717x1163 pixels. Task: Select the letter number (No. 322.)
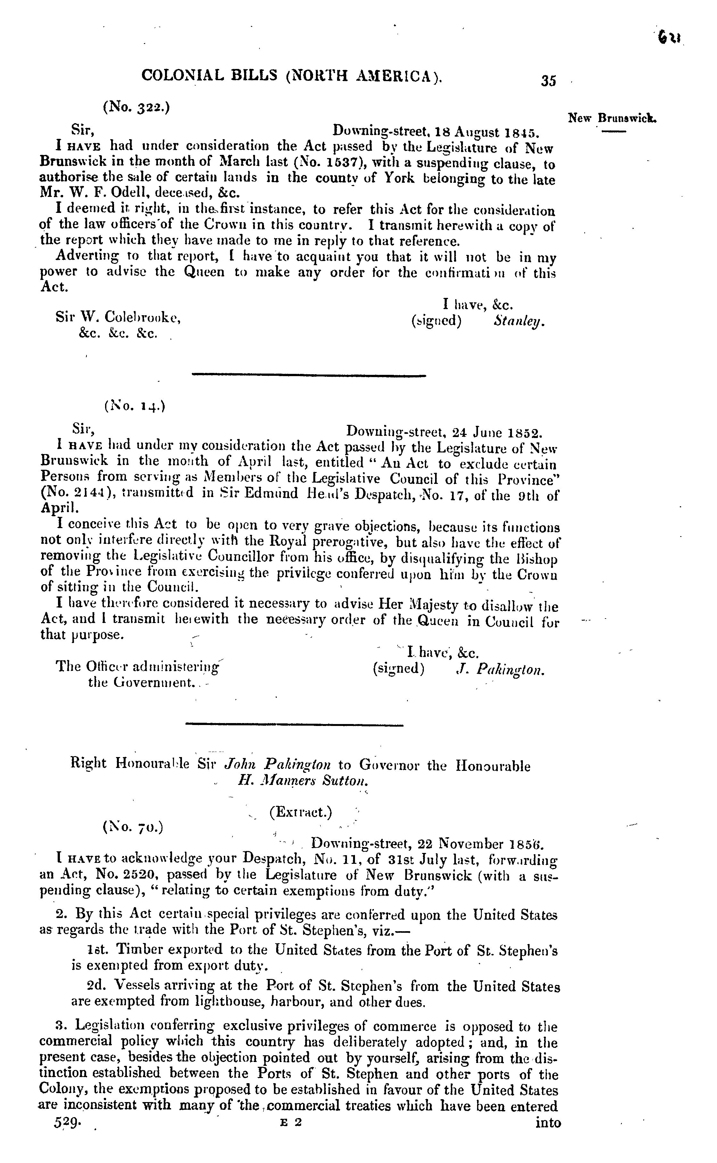click(136, 108)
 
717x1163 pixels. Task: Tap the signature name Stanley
click(519, 321)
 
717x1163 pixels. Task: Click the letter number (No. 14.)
click(135, 406)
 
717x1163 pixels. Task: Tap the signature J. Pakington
click(500, 670)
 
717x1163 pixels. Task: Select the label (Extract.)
click(301, 812)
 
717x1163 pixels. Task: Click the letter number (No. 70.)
click(133, 827)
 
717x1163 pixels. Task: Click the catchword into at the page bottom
click(548, 1123)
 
